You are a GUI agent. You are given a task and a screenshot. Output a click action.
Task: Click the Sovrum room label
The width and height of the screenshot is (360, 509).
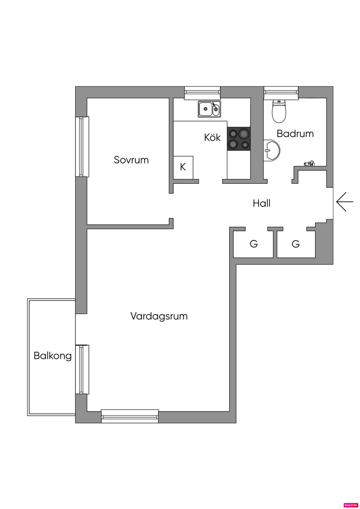(131, 160)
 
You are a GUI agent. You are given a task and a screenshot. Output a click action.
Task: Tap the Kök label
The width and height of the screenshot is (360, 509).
(212, 137)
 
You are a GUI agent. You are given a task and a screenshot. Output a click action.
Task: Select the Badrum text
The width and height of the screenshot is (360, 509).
(295, 134)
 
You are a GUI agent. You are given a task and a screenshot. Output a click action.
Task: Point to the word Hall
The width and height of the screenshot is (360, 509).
(262, 203)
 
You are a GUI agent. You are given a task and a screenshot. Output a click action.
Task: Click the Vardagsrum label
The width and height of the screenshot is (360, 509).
(159, 316)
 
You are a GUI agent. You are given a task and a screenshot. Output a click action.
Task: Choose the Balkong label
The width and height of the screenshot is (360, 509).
(52, 356)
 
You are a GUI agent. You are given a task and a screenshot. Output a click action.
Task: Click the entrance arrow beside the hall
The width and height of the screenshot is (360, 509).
(344, 202)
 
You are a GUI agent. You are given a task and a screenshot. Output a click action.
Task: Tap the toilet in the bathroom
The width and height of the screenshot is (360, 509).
(279, 111)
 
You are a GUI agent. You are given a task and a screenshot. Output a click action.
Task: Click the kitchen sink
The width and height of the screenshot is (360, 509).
(209, 109)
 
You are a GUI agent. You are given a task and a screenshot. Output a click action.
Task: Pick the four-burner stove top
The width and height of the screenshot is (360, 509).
(239, 138)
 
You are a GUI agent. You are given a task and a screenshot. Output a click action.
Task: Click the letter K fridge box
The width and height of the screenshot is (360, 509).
(183, 167)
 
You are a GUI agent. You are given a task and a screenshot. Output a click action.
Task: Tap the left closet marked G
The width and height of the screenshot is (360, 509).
(253, 243)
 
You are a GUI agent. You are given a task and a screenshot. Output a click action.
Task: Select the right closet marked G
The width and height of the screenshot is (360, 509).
(296, 243)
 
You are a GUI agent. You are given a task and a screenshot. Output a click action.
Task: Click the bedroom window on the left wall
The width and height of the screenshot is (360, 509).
(82, 147)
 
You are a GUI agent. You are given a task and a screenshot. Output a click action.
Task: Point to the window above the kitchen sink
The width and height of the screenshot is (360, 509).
(202, 92)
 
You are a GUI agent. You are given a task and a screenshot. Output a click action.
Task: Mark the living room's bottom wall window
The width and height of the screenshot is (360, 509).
(130, 416)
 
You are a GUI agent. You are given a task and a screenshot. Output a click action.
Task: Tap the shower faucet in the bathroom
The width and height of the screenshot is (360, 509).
(309, 163)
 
